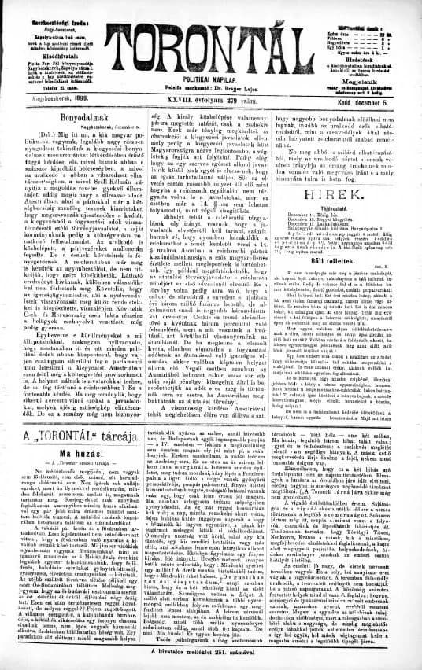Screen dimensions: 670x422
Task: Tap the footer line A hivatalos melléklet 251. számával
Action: [211, 654]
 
